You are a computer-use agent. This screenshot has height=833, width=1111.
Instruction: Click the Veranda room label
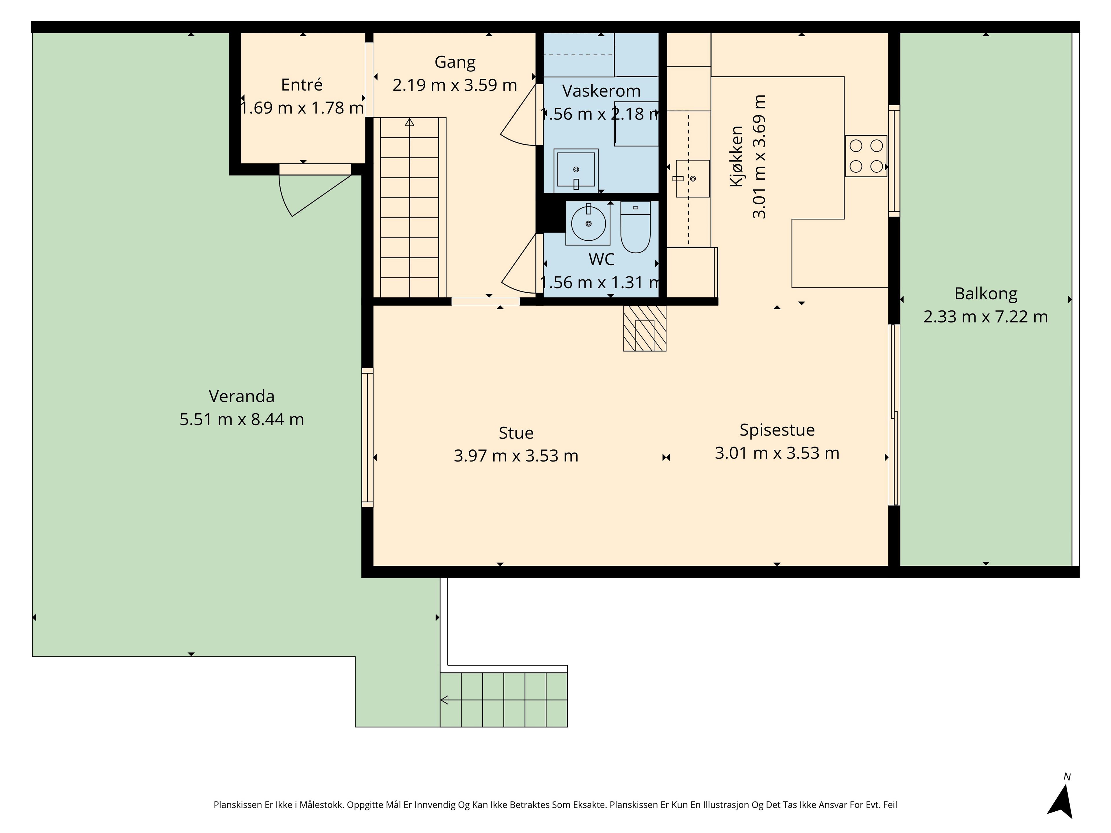pyautogui.click(x=242, y=396)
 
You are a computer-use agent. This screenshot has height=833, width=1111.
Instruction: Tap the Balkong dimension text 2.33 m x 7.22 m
pyautogui.click(x=985, y=317)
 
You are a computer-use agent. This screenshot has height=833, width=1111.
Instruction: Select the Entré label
pyautogui.click(x=302, y=84)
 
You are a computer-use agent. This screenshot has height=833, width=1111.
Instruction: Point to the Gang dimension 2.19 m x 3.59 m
pyautogui.click(x=455, y=85)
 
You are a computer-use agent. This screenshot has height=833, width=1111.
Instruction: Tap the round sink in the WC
pyautogui.click(x=588, y=224)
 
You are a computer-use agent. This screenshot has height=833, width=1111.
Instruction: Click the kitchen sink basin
pyautogui.click(x=693, y=178)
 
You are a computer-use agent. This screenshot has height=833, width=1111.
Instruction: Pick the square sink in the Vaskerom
pyautogui.click(x=576, y=170)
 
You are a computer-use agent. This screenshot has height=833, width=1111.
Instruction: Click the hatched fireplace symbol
pyautogui.click(x=645, y=328)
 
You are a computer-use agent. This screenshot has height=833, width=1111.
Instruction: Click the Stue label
pyautogui.click(x=516, y=432)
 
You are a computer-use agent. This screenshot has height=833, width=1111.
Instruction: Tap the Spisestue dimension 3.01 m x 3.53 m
pyautogui.click(x=777, y=453)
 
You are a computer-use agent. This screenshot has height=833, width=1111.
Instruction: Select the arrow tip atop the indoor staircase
pyautogui.click(x=410, y=121)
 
